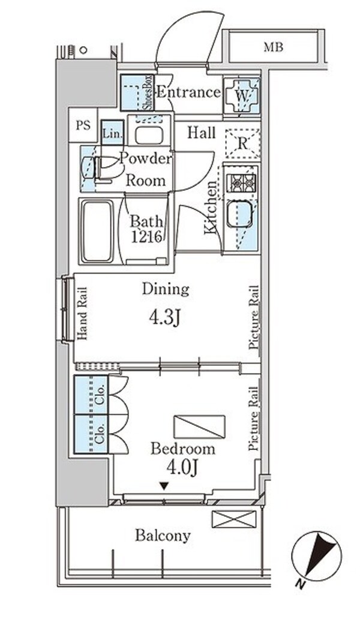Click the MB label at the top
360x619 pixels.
pyautogui.click(x=274, y=47)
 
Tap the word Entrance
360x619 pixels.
pyautogui.click(x=188, y=92)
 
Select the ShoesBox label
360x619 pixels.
pyautogui.click(x=148, y=93)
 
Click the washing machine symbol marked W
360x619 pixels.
pyautogui.click(x=242, y=95)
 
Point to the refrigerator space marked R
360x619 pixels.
pyautogui.click(x=242, y=143)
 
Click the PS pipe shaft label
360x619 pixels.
pyautogui.click(x=83, y=125)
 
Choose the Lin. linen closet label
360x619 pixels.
pyautogui.click(x=112, y=133)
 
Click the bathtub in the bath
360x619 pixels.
pyautogui.click(x=97, y=231)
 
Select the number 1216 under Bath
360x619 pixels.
pyautogui.click(x=146, y=236)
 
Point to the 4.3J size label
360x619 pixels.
pyautogui.click(x=164, y=317)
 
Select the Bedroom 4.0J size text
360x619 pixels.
pyautogui.click(x=182, y=468)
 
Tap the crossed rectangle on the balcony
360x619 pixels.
pyautogui.click(x=234, y=519)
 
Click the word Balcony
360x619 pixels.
pyautogui.click(x=163, y=536)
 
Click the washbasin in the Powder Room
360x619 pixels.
pyautogui.click(x=148, y=136)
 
